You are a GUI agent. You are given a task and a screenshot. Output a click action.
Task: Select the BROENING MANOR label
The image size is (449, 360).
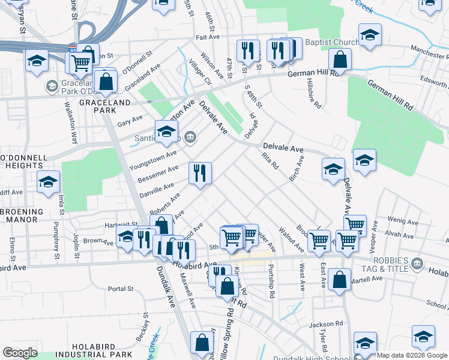22,215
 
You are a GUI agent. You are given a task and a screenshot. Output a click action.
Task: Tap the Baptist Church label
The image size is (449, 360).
332,42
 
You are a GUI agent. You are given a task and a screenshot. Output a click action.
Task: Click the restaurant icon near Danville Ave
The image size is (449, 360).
200,173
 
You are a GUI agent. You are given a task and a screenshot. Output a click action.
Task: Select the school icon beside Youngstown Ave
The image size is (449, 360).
167,132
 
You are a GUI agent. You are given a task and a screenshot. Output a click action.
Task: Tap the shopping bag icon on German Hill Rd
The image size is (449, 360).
340,59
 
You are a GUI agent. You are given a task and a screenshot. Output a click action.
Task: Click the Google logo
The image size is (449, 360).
20,353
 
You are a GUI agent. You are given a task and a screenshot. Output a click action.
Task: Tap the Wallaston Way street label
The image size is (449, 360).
70,125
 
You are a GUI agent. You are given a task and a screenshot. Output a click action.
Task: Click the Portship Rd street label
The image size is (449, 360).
271,282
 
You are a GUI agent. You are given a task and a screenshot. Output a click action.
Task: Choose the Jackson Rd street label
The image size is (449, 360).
325,325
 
